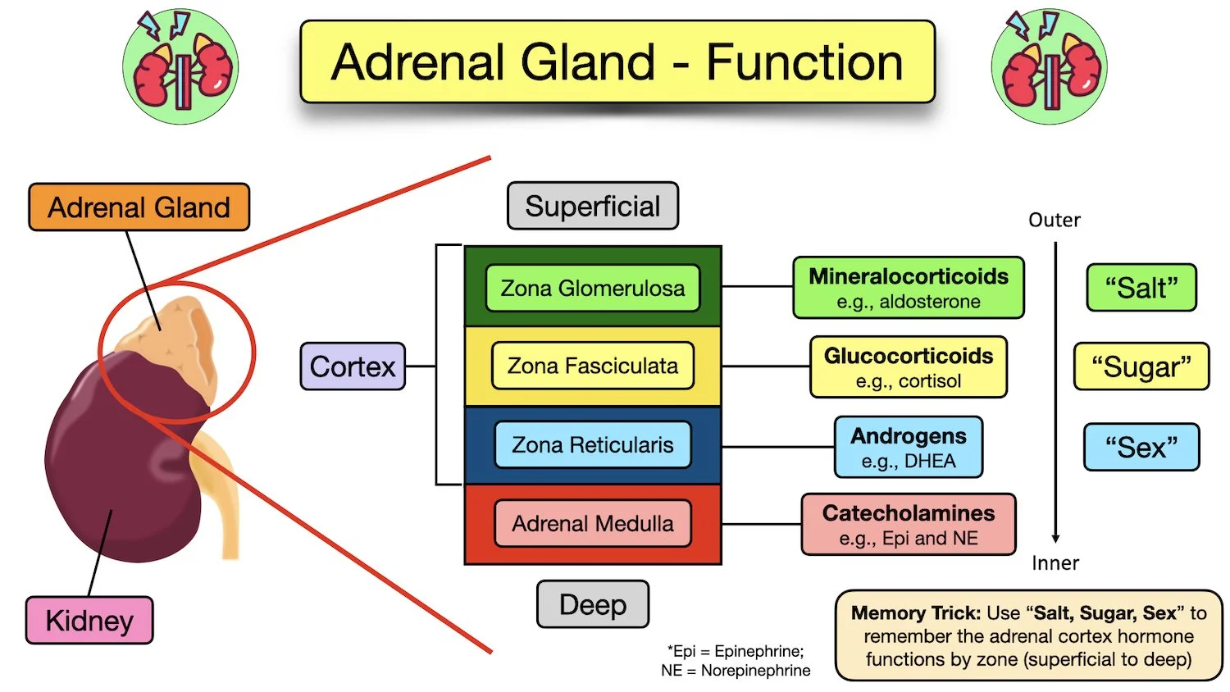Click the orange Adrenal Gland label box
point(139,207)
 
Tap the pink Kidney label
point(89,621)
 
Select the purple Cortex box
point(353,366)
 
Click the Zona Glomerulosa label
point(592,289)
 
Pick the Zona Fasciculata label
point(592,366)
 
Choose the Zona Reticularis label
point(592,445)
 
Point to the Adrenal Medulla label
point(592,524)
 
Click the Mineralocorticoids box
point(908,288)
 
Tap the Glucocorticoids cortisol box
point(908,367)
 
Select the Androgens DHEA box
point(908,448)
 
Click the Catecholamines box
point(908,525)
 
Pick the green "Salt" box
point(1141,288)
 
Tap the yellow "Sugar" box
point(1141,366)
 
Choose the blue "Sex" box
point(1141,448)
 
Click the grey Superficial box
point(592,206)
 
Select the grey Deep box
point(592,604)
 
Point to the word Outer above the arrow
point(1055,221)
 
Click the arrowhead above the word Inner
point(1055,538)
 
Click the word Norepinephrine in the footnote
point(755,671)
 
